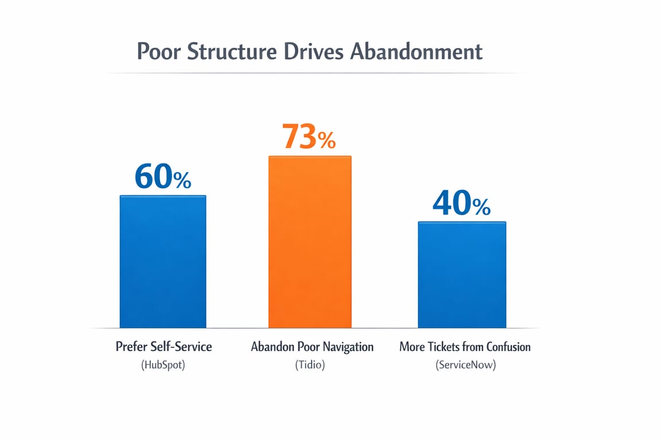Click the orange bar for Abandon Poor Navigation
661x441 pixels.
tap(310, 241)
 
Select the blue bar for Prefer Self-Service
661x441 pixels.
tap(162, 261)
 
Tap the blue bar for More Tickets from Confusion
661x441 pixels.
tap(462, 274)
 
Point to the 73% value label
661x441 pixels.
tap(309, 137)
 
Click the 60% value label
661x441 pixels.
tap(162, 177)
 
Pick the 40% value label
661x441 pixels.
tap(461, 203)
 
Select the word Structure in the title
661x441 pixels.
tap(232, 52)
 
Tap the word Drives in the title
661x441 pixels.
tap(314, 52)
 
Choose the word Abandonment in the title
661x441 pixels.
tap(416, 52)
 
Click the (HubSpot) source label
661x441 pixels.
tap(164, 365)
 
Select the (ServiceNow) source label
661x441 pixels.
tap(465, 365)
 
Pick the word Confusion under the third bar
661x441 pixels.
tap(508, 347)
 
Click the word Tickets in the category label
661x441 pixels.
tap(442, 347)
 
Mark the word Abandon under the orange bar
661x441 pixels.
tap(272, 347)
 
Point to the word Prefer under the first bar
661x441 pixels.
tap(131, 347)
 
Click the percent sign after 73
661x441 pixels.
tap(327, 140)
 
